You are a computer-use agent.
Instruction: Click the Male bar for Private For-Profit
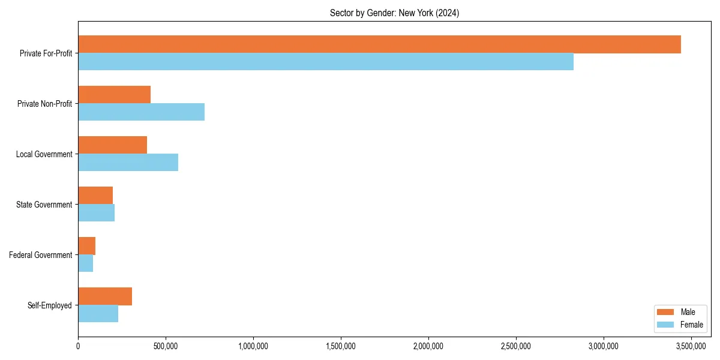tap(379, 44)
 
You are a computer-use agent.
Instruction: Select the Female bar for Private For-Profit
tap(326, 62)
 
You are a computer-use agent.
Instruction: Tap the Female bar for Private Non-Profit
tap(141, 112)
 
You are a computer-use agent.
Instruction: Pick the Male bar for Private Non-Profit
tap(114, 95)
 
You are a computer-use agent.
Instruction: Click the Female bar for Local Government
tap(128, 163)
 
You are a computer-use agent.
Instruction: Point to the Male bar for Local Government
tap(112, 145)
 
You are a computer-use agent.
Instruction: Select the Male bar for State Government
tap(95, 196)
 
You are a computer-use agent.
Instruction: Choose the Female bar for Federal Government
tap(85, 263)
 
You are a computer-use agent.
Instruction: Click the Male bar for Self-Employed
tap(105, 296)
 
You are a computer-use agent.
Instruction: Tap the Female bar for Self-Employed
tap(98, 314)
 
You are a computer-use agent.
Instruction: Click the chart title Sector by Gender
tap(394, 13)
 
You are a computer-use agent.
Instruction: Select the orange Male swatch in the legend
tap(666, 312)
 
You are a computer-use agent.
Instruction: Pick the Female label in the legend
tap(691, 325)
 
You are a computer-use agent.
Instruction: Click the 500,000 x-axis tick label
tap(166, 346)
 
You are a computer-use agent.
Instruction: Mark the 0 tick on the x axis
tap(78, 346)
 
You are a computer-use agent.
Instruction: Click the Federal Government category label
tap(41, 255)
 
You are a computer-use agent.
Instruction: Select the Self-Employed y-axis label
tap(50, 305)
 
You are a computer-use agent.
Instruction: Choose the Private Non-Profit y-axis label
tap(44, 104)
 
